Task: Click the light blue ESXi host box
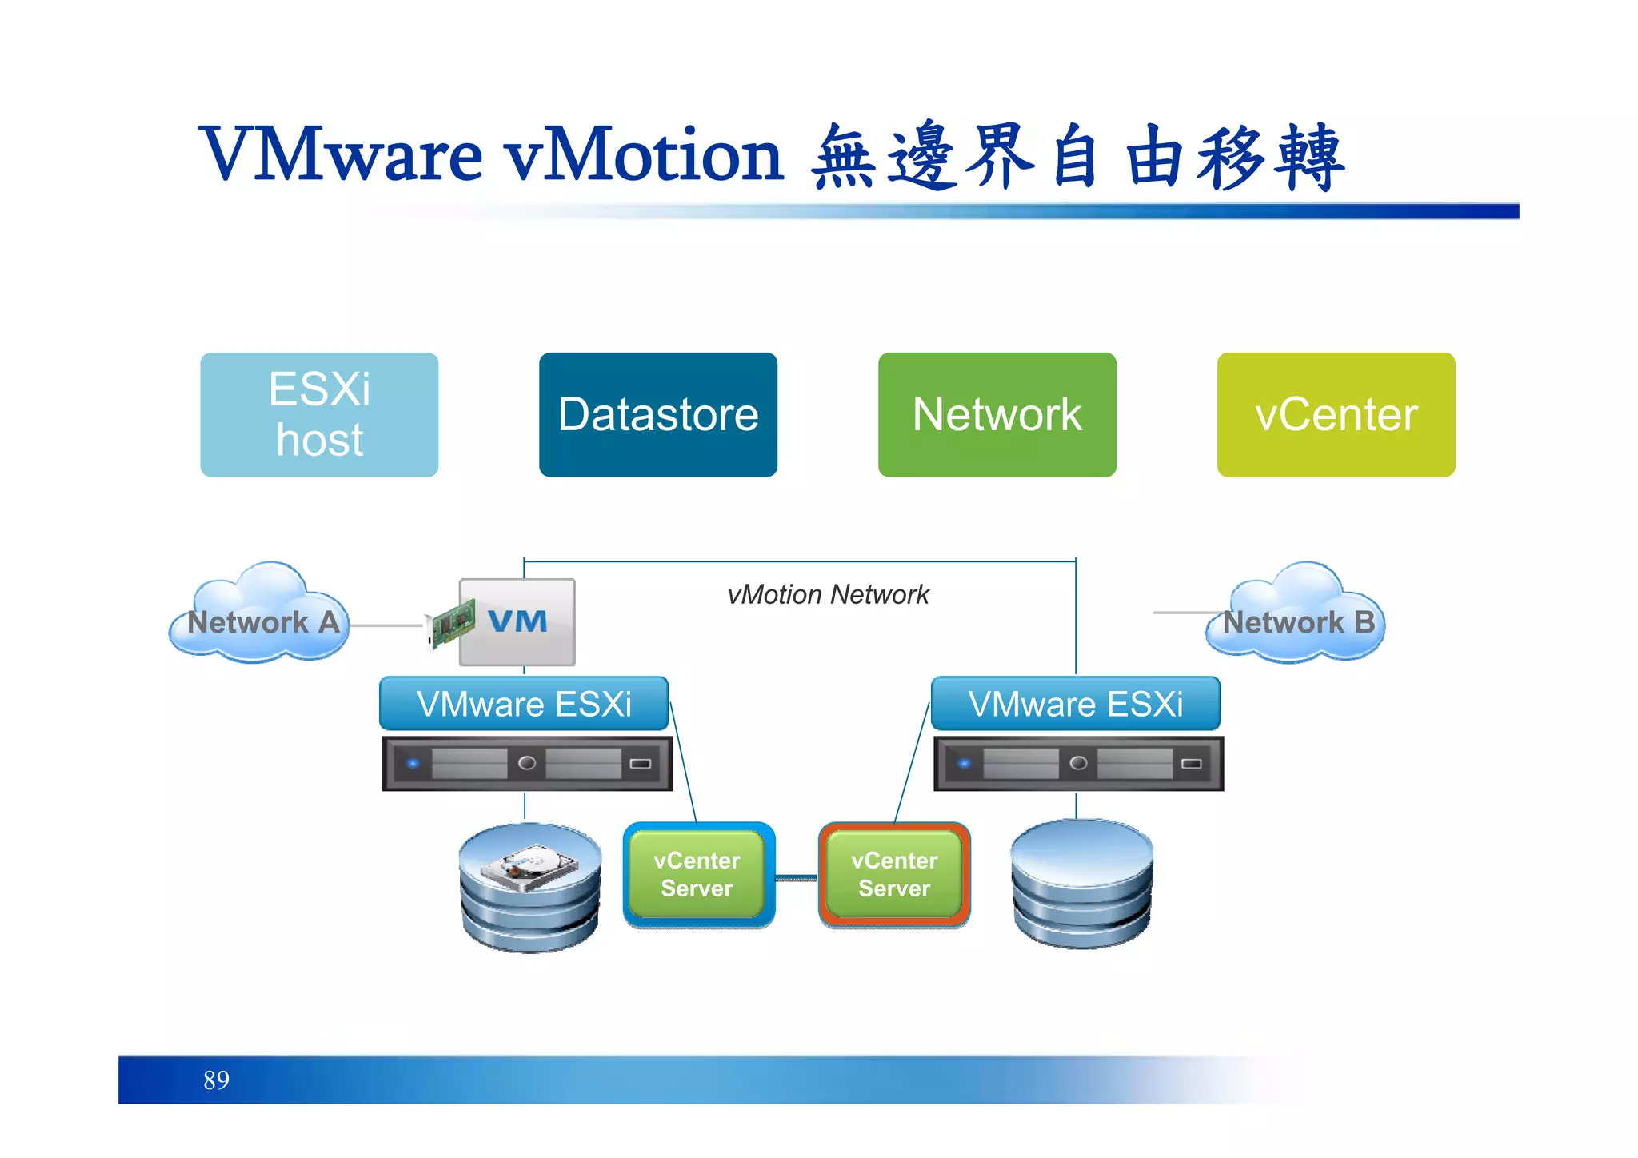coord(319,414)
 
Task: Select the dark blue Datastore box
coord(657,414)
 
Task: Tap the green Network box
coord(997,414)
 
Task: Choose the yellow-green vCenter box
coord(1336,414)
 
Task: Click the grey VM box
coord(517,622)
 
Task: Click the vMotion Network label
coord(828,595)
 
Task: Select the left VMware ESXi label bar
coord(524,704)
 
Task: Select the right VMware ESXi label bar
coord(1076,704)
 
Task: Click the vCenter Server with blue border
coord(697,874)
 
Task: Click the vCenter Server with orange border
coord(894,874)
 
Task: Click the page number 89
coord(216,1080)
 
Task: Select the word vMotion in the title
coord(644,154)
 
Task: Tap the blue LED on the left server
coord(413,763)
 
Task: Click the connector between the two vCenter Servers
coord(797,879)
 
